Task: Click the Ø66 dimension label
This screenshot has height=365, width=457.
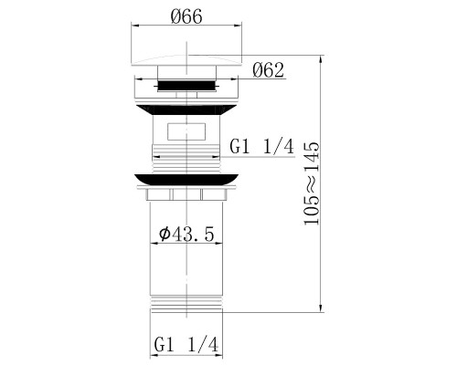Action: click(x=186, y=16)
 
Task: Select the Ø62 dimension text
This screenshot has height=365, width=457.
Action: click(x=268, y=70)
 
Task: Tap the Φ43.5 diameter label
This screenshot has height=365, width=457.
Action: click(x=186, y=235)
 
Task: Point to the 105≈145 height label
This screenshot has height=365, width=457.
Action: click(x=312, y=183)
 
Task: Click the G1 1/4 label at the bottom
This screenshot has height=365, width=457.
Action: click(x=186, y=345)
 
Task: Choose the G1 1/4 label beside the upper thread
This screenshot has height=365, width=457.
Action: click(x=262, y=147)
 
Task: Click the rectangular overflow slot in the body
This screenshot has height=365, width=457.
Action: click(x=186, y=131)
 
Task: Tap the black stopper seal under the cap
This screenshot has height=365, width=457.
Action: click(x=186, y=85)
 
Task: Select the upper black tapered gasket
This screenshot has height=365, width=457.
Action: click(x=186, y=109)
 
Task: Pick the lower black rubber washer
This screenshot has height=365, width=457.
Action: click(x=186, y=180)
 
